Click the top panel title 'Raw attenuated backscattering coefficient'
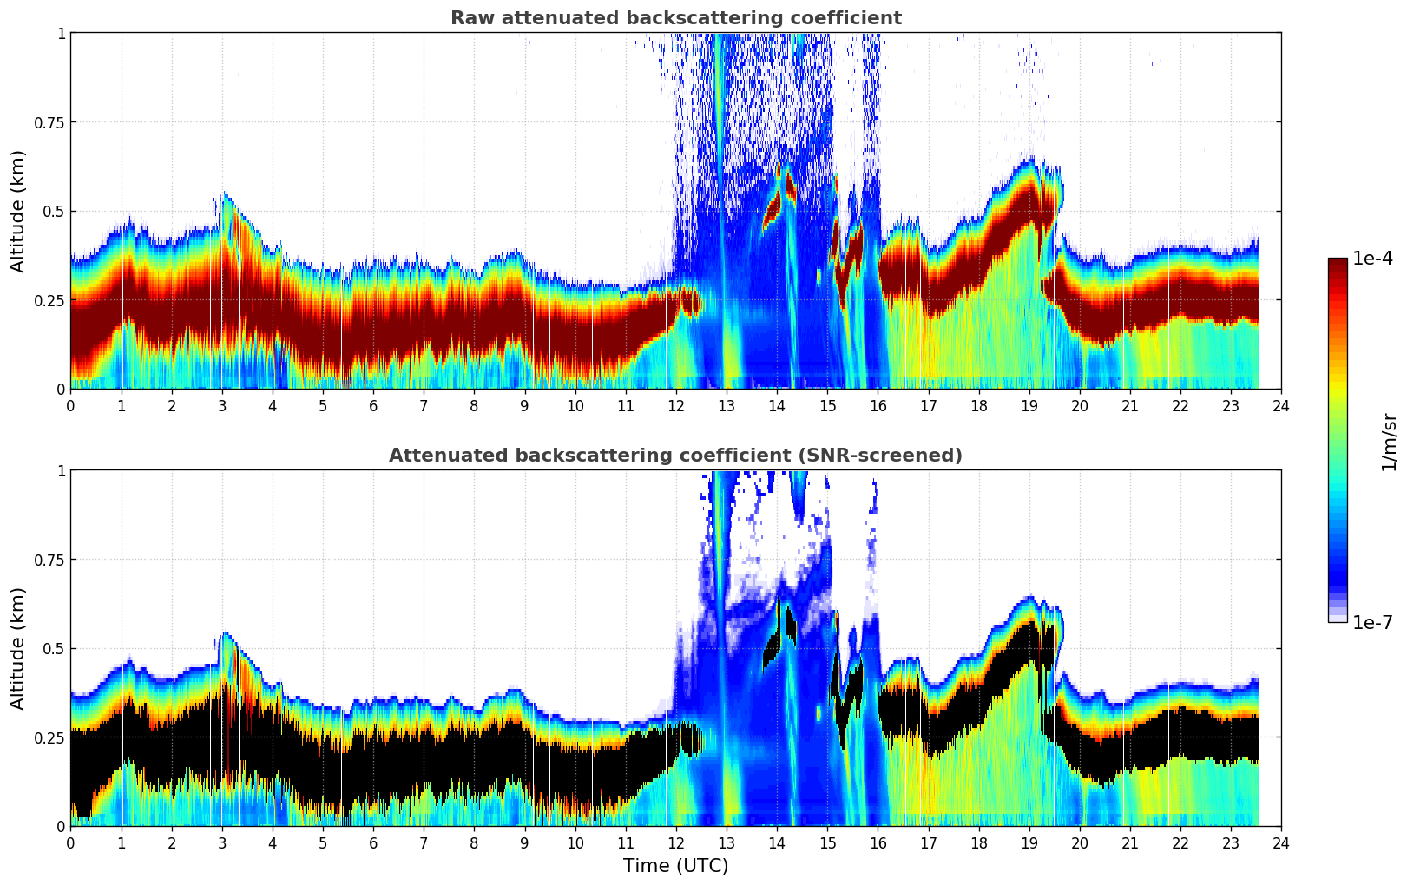(x=675, y=18)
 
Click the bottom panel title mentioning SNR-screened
(x=675, y=456)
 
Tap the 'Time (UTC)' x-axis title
(x=675, y=866)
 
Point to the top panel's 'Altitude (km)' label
(x=18, y=211)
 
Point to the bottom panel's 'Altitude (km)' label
(x=18, y=648)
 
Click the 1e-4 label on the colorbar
(x=1372, y=259)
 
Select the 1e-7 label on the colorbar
(x=1372, y=622)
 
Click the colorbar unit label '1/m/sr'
(x=1389, y=442)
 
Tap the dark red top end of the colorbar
(x=1337, y=262)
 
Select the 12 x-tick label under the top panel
(x=675, y=405)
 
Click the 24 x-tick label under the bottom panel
(x=1280, y=842)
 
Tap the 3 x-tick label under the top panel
(x=222, y=405)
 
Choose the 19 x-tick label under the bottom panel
(x=1029, y=842)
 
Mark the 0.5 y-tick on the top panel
(x=54, y=212)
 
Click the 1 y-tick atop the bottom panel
(x=61, y=471)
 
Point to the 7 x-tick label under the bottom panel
(x=424, y=842)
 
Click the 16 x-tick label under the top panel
(x=878, y=405)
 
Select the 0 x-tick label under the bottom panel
(x=71, y=842)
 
